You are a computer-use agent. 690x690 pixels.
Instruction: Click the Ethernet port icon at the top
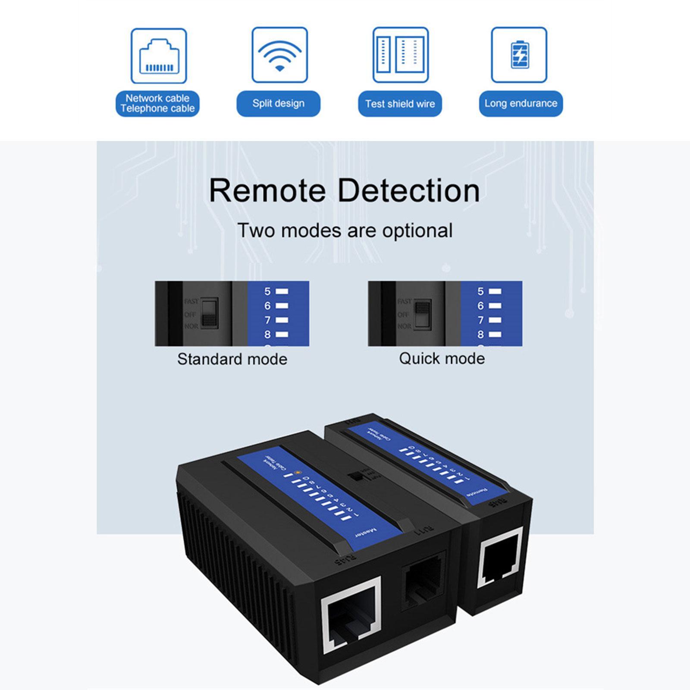coord(159,56)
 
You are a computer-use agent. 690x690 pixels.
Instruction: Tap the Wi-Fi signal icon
coord(279,55)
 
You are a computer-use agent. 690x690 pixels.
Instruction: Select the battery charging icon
coord(519,55)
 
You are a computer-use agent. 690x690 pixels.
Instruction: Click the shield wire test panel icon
coord(401,55)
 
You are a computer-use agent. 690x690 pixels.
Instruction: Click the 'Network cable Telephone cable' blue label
coord(157,103)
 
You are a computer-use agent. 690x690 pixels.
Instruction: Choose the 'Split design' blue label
coord(278,103)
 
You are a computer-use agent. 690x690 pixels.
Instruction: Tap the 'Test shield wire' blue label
coord(400,103)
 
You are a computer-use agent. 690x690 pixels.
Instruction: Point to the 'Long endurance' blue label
coord(521,103)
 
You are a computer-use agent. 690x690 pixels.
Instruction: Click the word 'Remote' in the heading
coord(267,190)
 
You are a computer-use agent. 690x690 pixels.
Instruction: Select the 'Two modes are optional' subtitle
coord(345,230)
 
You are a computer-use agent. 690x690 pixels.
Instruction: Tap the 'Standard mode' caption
coord(232,359)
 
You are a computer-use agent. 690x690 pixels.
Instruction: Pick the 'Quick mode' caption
coord(442,358)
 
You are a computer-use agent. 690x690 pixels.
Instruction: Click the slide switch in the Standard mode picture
coord(210,314)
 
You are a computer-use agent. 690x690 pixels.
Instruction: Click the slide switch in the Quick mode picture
coord(423,314)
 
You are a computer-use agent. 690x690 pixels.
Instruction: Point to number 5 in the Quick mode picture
coord(480,292)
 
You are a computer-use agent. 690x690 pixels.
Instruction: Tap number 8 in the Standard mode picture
coord(267,334)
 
